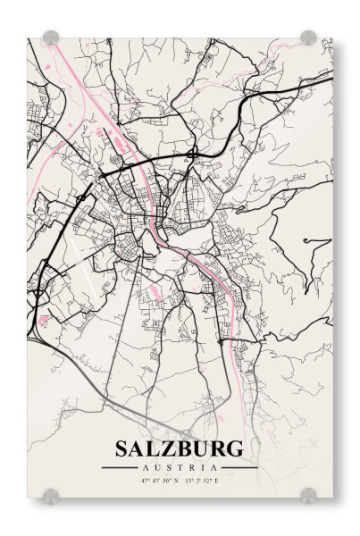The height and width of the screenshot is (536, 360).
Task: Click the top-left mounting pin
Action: pos(51,38)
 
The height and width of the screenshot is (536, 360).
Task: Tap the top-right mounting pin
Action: pos(308,38)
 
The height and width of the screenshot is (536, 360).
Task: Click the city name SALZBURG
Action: pos(179,448)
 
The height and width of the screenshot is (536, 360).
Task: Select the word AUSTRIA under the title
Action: pos(179,467)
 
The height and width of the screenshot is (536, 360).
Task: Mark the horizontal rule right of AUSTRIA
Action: pos(239,467)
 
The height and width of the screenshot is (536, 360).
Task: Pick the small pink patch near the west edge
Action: pos(43,318)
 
